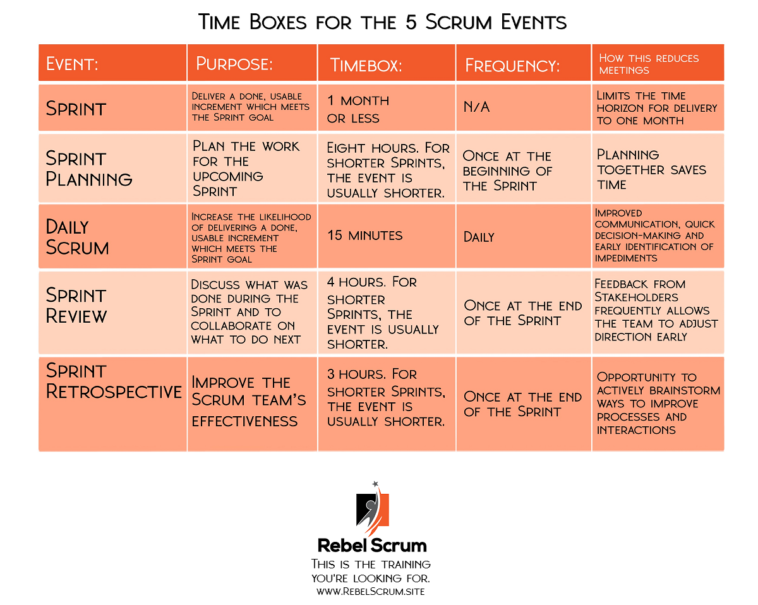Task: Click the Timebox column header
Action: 366,66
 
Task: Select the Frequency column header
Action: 512,66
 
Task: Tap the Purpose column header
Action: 234,64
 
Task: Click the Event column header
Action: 72,64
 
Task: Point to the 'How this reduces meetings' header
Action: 649,64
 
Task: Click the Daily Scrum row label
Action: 77,237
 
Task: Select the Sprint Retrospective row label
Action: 114,381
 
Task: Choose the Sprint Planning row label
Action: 89,169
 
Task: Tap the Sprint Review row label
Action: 76,305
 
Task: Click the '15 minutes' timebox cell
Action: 364,235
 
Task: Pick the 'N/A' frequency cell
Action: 476,107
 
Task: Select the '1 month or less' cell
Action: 358,109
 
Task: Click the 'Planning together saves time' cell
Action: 651,169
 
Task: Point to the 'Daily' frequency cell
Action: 479,237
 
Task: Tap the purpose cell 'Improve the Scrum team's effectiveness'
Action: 249,402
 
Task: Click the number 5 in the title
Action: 411,22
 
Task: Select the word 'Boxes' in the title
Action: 278,22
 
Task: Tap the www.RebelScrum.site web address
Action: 371,591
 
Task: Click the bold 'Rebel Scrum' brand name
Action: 372,545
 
